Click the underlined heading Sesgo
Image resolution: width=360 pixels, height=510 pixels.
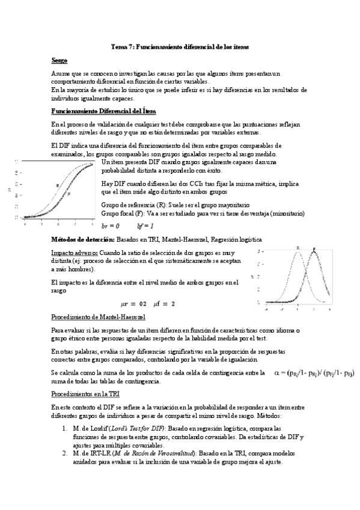click(59, 61)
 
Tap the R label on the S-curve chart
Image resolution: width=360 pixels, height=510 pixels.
click(57, 185)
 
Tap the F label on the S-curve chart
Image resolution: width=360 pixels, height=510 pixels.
click(69, 194)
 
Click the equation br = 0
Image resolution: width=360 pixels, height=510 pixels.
click(111, 226)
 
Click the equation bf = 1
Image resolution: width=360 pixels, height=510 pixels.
click(145, 226)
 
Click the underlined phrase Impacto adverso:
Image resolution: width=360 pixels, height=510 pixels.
click(75, 253)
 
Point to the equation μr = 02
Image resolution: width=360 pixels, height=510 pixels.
click(133, 303)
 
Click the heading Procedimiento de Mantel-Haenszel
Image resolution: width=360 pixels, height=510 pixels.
click(97, 317)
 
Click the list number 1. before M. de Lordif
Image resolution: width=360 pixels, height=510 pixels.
click(66, 427)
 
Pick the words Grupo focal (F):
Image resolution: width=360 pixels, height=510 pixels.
click(121, 213)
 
